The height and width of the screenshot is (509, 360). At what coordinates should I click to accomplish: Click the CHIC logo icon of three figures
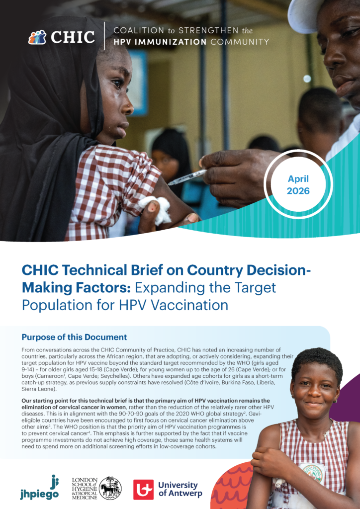tap(37, 37)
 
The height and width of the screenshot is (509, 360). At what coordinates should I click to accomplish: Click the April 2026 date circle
tap(298, 185)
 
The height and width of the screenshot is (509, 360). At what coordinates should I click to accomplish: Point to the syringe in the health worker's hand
tap(187, 177)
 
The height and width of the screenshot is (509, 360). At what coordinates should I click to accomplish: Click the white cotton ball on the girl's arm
tap(155, 209)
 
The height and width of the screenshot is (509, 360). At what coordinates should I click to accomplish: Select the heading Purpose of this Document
tap(75, 337)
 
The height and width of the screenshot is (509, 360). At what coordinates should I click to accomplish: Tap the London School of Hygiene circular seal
tap(110, 488)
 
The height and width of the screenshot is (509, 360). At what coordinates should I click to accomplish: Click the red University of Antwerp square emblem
tap(144, 490)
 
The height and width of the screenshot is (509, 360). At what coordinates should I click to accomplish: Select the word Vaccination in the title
tap(190, 305)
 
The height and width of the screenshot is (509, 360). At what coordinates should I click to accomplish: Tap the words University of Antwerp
tap(180, 489)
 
